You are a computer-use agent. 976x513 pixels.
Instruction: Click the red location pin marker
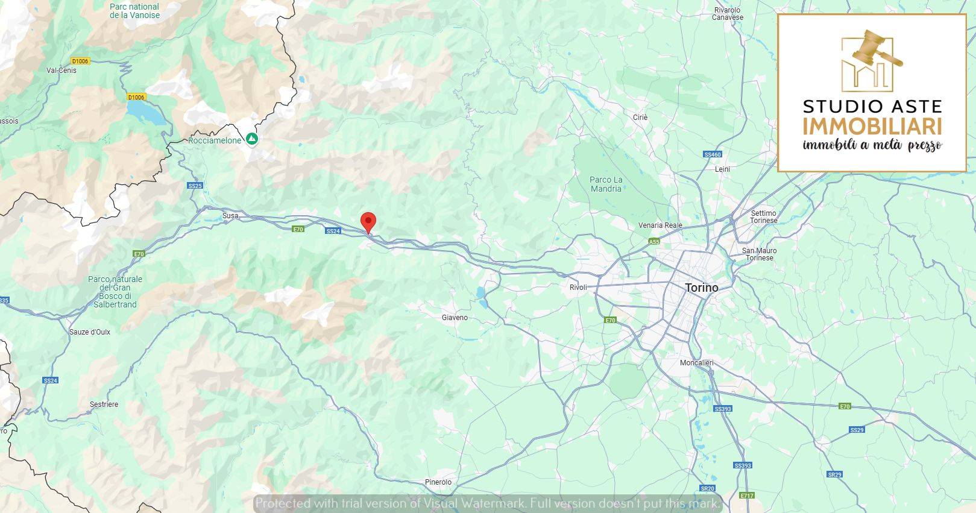[368, 222]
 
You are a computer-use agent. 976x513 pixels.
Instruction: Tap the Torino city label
[702, 288]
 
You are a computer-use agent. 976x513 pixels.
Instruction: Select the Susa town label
[230, 215]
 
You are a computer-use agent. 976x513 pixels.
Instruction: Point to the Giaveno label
[455, 318]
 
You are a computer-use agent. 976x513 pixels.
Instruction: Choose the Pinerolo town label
[438, 482]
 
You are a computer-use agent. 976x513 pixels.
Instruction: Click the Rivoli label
[578, 288]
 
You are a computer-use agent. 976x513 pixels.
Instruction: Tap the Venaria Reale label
[660, 225]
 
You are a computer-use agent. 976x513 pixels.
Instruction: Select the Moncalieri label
[696, 363]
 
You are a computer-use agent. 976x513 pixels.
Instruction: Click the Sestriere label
[104, 404]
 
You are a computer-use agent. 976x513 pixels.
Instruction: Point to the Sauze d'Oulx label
[90, 332]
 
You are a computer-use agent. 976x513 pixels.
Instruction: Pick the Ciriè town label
[640, 118]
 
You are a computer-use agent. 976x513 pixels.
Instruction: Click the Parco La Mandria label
[606, 184]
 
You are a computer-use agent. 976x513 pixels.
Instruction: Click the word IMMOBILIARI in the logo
[872, 127]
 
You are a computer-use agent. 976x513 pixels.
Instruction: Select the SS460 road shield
[712, 155]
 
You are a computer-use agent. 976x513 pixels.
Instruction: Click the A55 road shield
[654, 242]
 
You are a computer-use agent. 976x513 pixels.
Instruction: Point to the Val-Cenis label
[61, 71]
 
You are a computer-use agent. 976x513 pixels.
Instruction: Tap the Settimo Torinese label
[763, 217]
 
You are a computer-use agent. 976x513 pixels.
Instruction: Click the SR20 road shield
[707, 488]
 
